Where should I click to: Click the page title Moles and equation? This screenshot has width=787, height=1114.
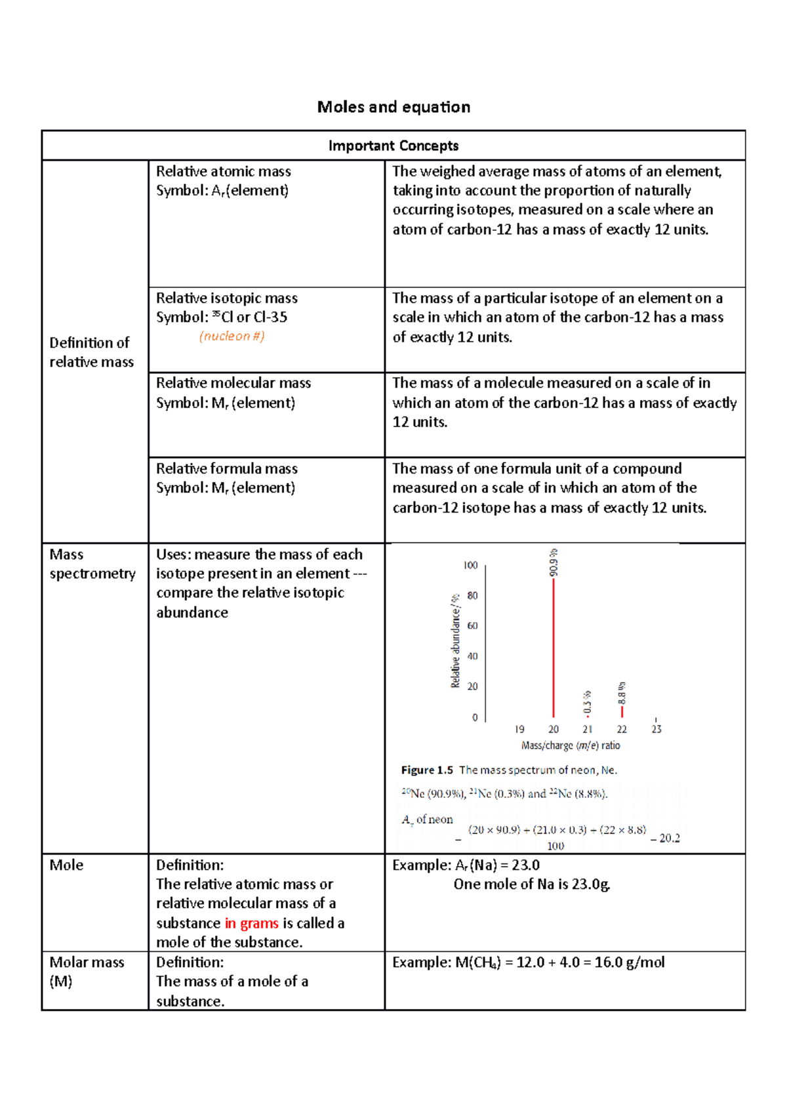pos(393,107)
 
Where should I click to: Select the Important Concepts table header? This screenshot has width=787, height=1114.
pos(393,146)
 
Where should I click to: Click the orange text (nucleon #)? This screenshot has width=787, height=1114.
pos(232,336)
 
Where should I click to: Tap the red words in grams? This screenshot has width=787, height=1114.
pos(252,923)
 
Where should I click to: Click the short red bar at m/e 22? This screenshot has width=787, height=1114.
pos(622,711)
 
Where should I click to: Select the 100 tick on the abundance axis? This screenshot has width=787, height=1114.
pos(471,565)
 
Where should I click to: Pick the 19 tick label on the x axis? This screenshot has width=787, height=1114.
pos(519,729)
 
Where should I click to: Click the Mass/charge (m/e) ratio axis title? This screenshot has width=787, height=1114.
pos(571,745)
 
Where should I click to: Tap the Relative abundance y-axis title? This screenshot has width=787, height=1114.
pos(456,641)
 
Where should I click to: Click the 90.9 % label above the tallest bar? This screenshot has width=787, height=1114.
pos(554,563)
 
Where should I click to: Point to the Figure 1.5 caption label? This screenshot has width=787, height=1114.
pos(427,770)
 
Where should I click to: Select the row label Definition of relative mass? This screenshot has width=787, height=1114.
pos(91,352)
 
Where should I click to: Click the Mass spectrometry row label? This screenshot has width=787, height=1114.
pos(92,564)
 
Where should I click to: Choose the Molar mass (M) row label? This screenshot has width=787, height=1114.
pos(86,972)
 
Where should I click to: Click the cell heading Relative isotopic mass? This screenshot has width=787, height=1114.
pos(227,298)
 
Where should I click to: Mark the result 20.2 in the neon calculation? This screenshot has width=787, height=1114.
pos(669,838)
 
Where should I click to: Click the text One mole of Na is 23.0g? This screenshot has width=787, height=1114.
pos(532,884)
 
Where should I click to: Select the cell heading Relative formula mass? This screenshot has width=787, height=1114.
pos(227,468)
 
